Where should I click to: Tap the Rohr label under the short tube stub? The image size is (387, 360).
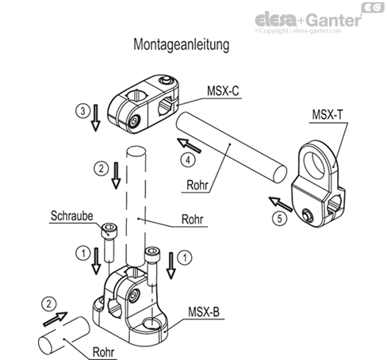(103, 354)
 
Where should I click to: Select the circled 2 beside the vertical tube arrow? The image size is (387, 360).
(100, 168)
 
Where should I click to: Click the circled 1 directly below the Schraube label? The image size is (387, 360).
(82, 254)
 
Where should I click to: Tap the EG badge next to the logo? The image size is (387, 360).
(372, 7)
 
